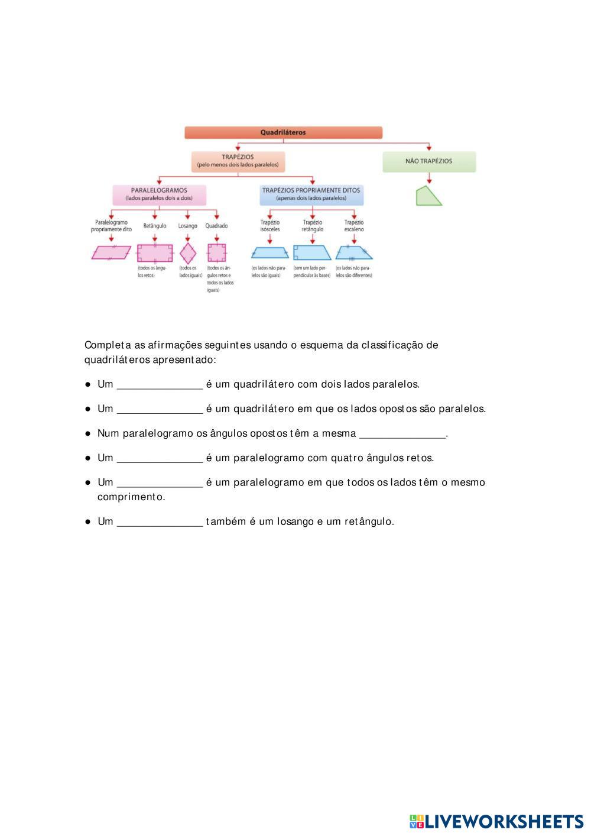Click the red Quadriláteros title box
point(283,132)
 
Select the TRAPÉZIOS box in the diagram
point(238,161)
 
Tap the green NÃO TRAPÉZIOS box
point(428,161)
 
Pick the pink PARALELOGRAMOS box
point(159,195)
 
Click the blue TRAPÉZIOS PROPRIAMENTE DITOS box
point(311,195)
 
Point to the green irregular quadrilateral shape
point(428,196)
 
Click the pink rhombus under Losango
point(188,253)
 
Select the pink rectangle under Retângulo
point(155,253)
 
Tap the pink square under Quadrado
point(217,253)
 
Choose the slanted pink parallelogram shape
point(112,253)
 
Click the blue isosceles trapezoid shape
point(269,253)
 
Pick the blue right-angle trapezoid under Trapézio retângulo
point(311,253)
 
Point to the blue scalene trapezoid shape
point(354,253)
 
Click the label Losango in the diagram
point(188,226)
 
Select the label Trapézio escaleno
point(354,226)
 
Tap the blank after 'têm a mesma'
point(402,434)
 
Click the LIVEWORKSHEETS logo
point(496,821)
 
